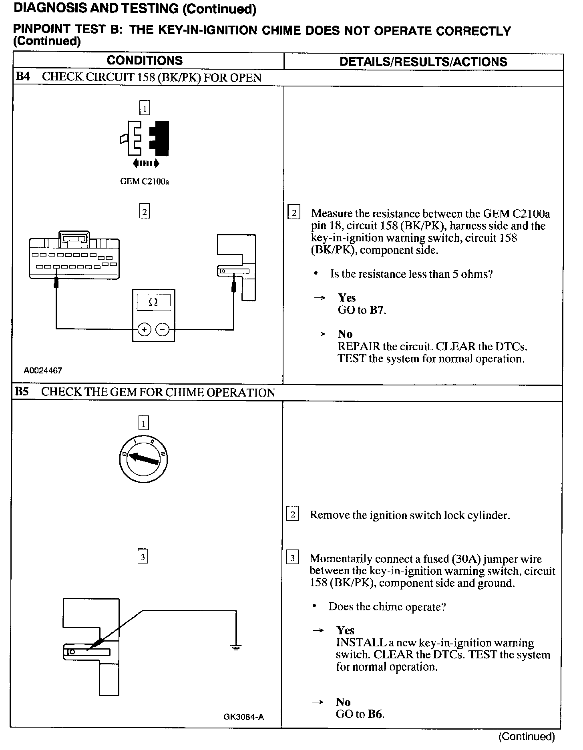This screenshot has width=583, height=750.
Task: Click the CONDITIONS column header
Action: [x=145, y=61]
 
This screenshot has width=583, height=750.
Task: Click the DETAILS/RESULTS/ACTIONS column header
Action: [x=423, y=62]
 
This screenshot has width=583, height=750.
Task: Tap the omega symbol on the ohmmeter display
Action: [x=153, y=302]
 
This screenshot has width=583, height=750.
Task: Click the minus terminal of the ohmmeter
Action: [x=163, y=329]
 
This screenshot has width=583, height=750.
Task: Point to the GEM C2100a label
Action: [x=145, y=181]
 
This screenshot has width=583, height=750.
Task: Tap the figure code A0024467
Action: [x=43, y=371]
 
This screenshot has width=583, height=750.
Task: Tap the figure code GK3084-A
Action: [x=244, y=717]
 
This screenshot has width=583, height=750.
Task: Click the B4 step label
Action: [x=23, y=77]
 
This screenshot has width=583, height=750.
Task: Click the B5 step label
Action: [x=22, y=392]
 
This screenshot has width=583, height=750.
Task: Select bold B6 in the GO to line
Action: [x=375, y=714]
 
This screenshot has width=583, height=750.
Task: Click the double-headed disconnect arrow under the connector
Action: [x=146, y=163]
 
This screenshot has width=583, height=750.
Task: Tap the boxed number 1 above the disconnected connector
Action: [x=145, y=108]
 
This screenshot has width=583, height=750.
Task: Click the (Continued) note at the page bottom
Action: [x=527, y=736]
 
